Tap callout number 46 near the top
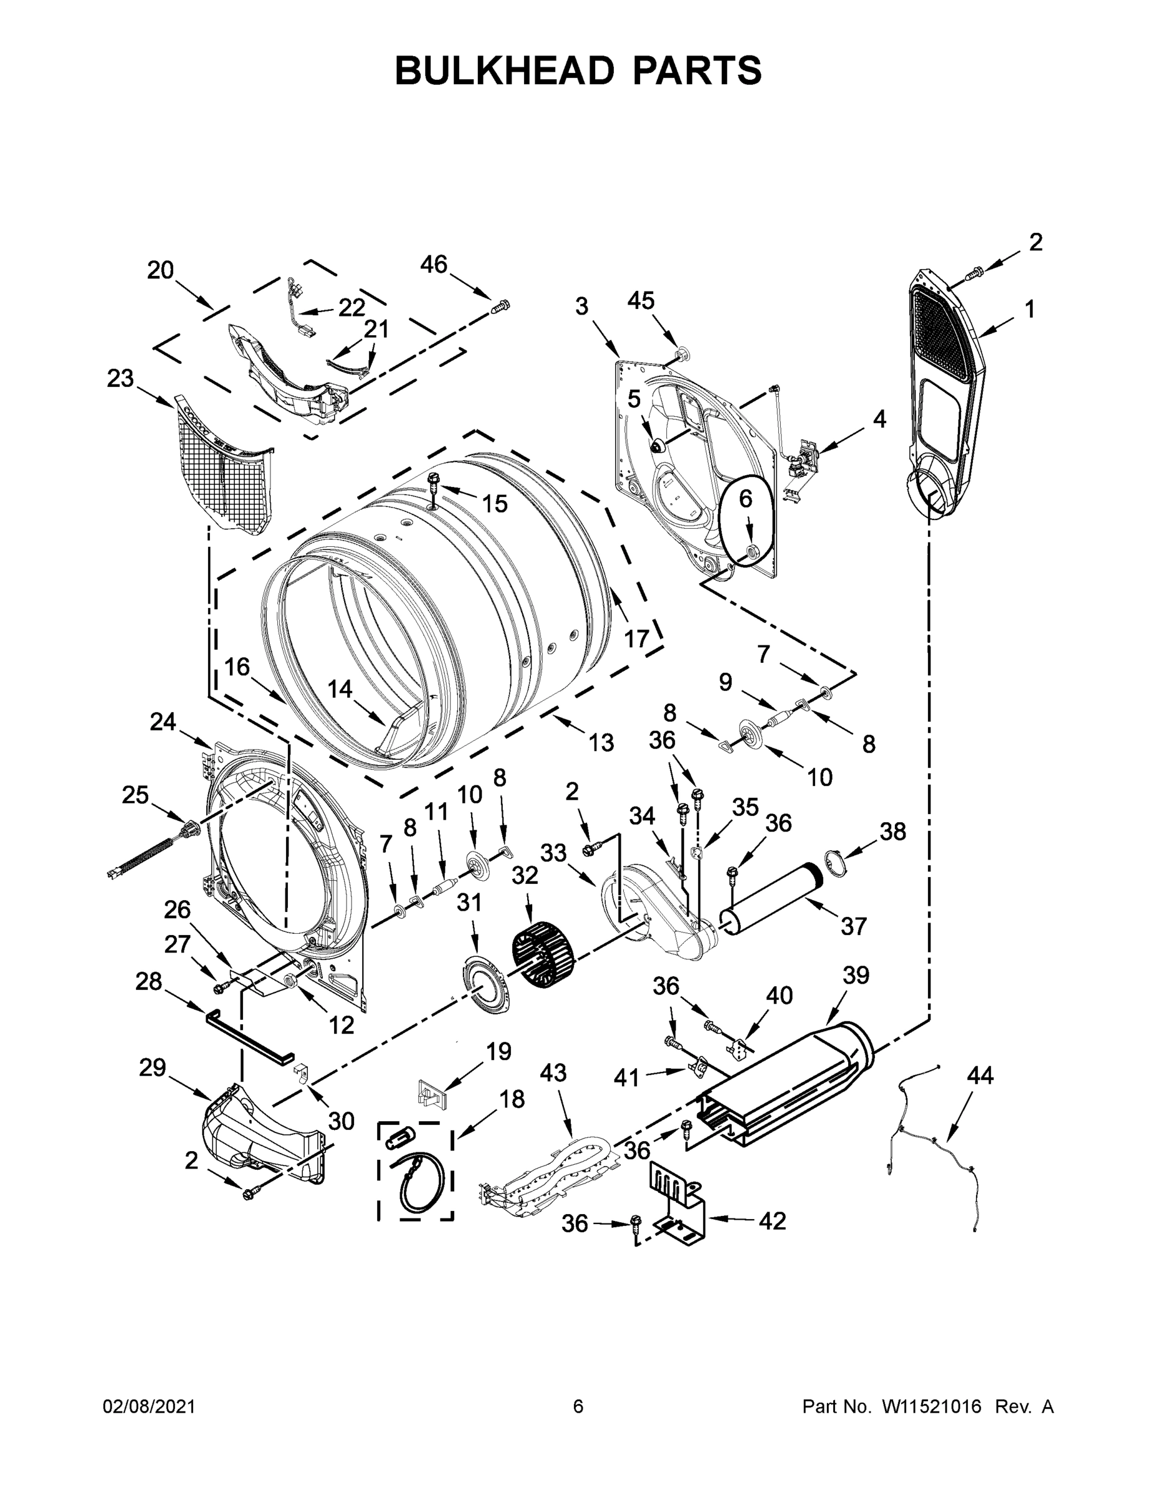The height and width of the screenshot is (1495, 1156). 434,265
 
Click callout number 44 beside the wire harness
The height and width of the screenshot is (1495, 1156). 980,1075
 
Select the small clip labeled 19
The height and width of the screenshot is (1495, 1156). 431,1093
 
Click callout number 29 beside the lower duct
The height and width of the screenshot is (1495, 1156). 152,1067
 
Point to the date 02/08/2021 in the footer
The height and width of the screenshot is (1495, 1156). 150,1407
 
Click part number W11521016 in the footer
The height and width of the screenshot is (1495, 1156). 932,1407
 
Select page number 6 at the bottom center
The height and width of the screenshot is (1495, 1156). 578,1407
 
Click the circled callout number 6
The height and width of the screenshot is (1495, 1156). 745,499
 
